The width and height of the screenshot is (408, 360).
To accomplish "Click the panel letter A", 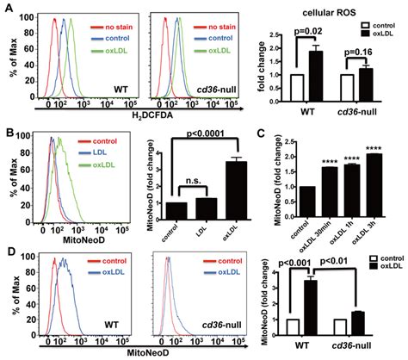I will (x=6, y=8).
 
